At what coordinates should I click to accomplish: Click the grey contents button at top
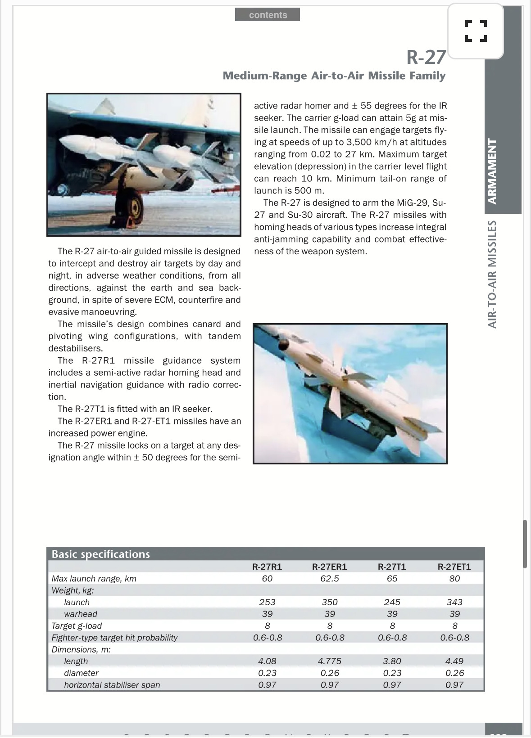coord(268,15)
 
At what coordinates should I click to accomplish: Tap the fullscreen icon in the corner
coord(476,31)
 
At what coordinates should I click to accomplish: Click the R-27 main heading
coord(426,57)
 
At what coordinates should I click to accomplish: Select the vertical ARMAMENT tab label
coord(493,171)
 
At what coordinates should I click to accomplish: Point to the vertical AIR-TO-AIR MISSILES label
coord(493,274)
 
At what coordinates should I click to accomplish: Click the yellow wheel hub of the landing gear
coord(135,208)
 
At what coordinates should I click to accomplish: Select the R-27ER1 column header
coord(330,567)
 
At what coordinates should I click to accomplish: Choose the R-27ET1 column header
coord(454,567)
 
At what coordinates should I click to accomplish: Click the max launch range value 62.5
coord(330,579)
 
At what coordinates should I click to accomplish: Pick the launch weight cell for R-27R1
coord(267,602)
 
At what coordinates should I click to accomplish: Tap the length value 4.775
coord(330,661)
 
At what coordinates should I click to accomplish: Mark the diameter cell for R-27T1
coord(392,673)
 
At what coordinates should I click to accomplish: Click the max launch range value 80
coord(454,579)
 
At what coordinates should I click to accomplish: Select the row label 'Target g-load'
coord(77,625)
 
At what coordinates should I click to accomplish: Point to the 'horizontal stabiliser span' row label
coord(112,685)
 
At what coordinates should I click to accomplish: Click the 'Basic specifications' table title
coord(100,554)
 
